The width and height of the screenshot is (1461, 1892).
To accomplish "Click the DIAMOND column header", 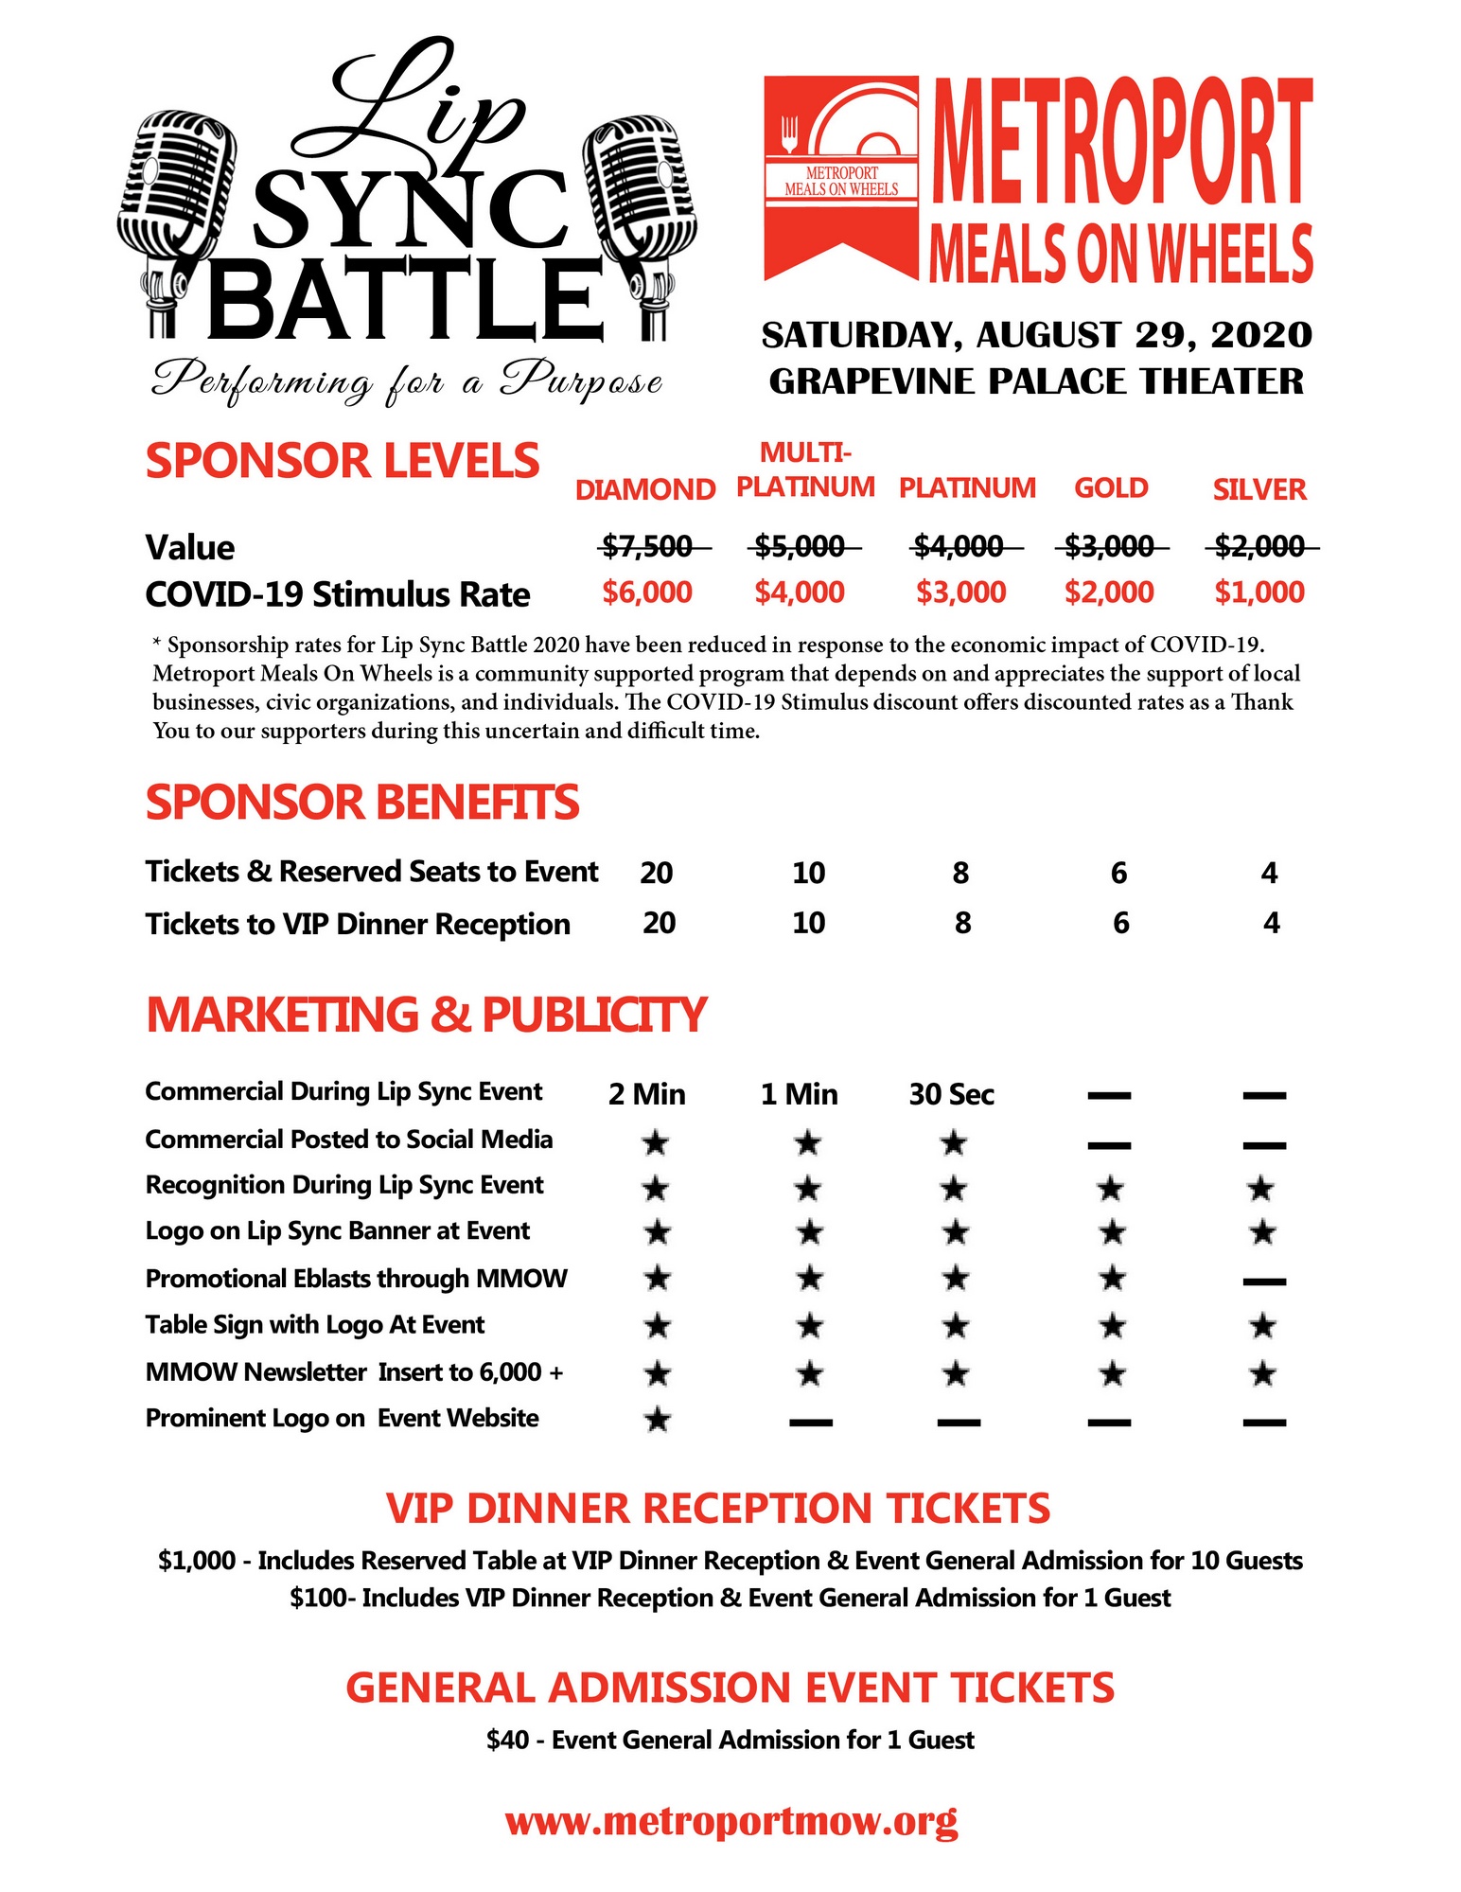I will tap(645, 489).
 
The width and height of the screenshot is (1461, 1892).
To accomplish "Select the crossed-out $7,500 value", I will tap(648, 546).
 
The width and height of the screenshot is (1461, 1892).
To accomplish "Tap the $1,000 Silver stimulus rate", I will tap(1259, 592).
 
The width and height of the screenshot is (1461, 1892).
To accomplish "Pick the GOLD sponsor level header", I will tap(1111, 488).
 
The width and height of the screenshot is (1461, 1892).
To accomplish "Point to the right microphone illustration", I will tap(642, 222).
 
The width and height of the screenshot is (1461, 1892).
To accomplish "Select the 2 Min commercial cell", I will tap(647, 1094).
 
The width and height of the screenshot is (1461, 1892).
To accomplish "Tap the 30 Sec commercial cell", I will tap(952, 1094).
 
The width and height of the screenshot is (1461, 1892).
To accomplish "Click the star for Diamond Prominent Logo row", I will tap(657, 1419).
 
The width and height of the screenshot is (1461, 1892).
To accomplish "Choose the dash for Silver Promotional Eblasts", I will tap(1263, 1282).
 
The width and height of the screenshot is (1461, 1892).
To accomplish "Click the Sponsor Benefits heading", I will tap(361, 803).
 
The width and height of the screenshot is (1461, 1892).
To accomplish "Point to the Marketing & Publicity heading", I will tap(426, 1015).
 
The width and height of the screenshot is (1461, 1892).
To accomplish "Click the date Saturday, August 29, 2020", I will tap(1037, 335).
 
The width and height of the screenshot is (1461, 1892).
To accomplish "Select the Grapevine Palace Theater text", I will tap(1036, 381).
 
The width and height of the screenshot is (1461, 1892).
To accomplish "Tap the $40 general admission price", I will tap(507, 1740).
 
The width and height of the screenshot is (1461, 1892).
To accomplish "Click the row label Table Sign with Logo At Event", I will tap(315, 1324).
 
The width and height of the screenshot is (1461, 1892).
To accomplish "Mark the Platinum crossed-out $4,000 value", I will tap(958, 546).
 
